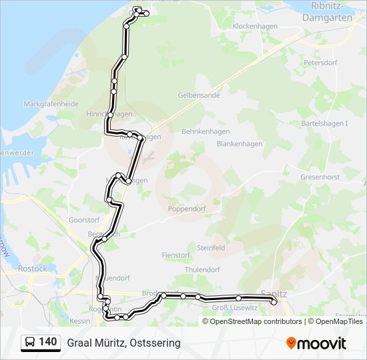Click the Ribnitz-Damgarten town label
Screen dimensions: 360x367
coord(327,11)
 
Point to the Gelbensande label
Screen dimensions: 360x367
coord(199,95)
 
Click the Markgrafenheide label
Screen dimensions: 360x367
coord(51,104)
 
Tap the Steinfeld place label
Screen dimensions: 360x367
coord(210,247)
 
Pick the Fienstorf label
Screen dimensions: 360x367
coord(176,255)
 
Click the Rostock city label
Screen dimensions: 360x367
coord(32,269)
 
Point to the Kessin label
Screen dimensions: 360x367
coord(79,321)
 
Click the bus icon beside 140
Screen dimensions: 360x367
coord(30,342)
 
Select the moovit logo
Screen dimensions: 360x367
coord(316,343)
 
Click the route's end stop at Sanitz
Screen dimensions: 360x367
coord(274,302)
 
